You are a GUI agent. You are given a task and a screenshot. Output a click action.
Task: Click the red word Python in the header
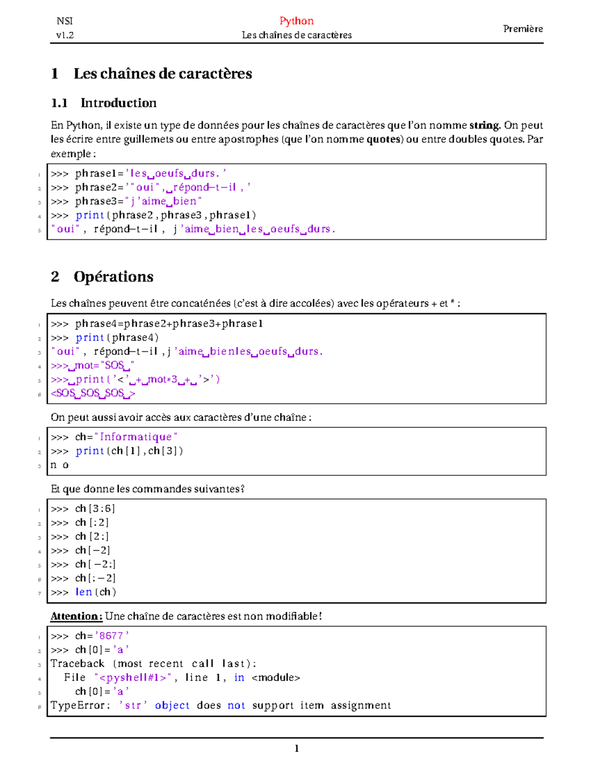click(x=296, y=21)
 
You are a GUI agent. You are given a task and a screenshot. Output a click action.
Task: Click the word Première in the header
click(x=523, y=29)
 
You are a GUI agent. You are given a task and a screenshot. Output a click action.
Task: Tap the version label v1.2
click(x=65, y=35)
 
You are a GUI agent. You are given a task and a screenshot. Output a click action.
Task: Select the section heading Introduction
click(x=118, y=103)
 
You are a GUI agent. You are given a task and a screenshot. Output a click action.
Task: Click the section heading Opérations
click(x=113, y=277)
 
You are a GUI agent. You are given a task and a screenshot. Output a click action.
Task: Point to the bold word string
click(x=484, y=125)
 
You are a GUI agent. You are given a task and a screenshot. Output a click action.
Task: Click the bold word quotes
click(x=383, y=139)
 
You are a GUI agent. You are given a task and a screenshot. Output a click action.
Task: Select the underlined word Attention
click(x=76, y=616)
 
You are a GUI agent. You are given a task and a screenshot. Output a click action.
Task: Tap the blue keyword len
click(x=84, y=592)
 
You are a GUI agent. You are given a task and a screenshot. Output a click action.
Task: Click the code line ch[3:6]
click(x=95, y=508)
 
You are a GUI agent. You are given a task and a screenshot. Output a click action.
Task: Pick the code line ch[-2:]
click(x=95, y=564)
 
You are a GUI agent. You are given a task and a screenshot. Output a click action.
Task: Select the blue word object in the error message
click(x=172, y=705)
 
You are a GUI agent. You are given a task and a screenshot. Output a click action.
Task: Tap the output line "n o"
click(x=60, y=465)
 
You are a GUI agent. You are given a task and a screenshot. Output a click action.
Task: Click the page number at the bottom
click(x=296, y=749)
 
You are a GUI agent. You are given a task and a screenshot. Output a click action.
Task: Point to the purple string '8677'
click(x=112, y=636)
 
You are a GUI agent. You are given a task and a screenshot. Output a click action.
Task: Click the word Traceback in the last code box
click(x=77, y=664)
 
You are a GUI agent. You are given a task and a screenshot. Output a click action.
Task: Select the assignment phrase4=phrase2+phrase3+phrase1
click(x=169, y=324)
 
